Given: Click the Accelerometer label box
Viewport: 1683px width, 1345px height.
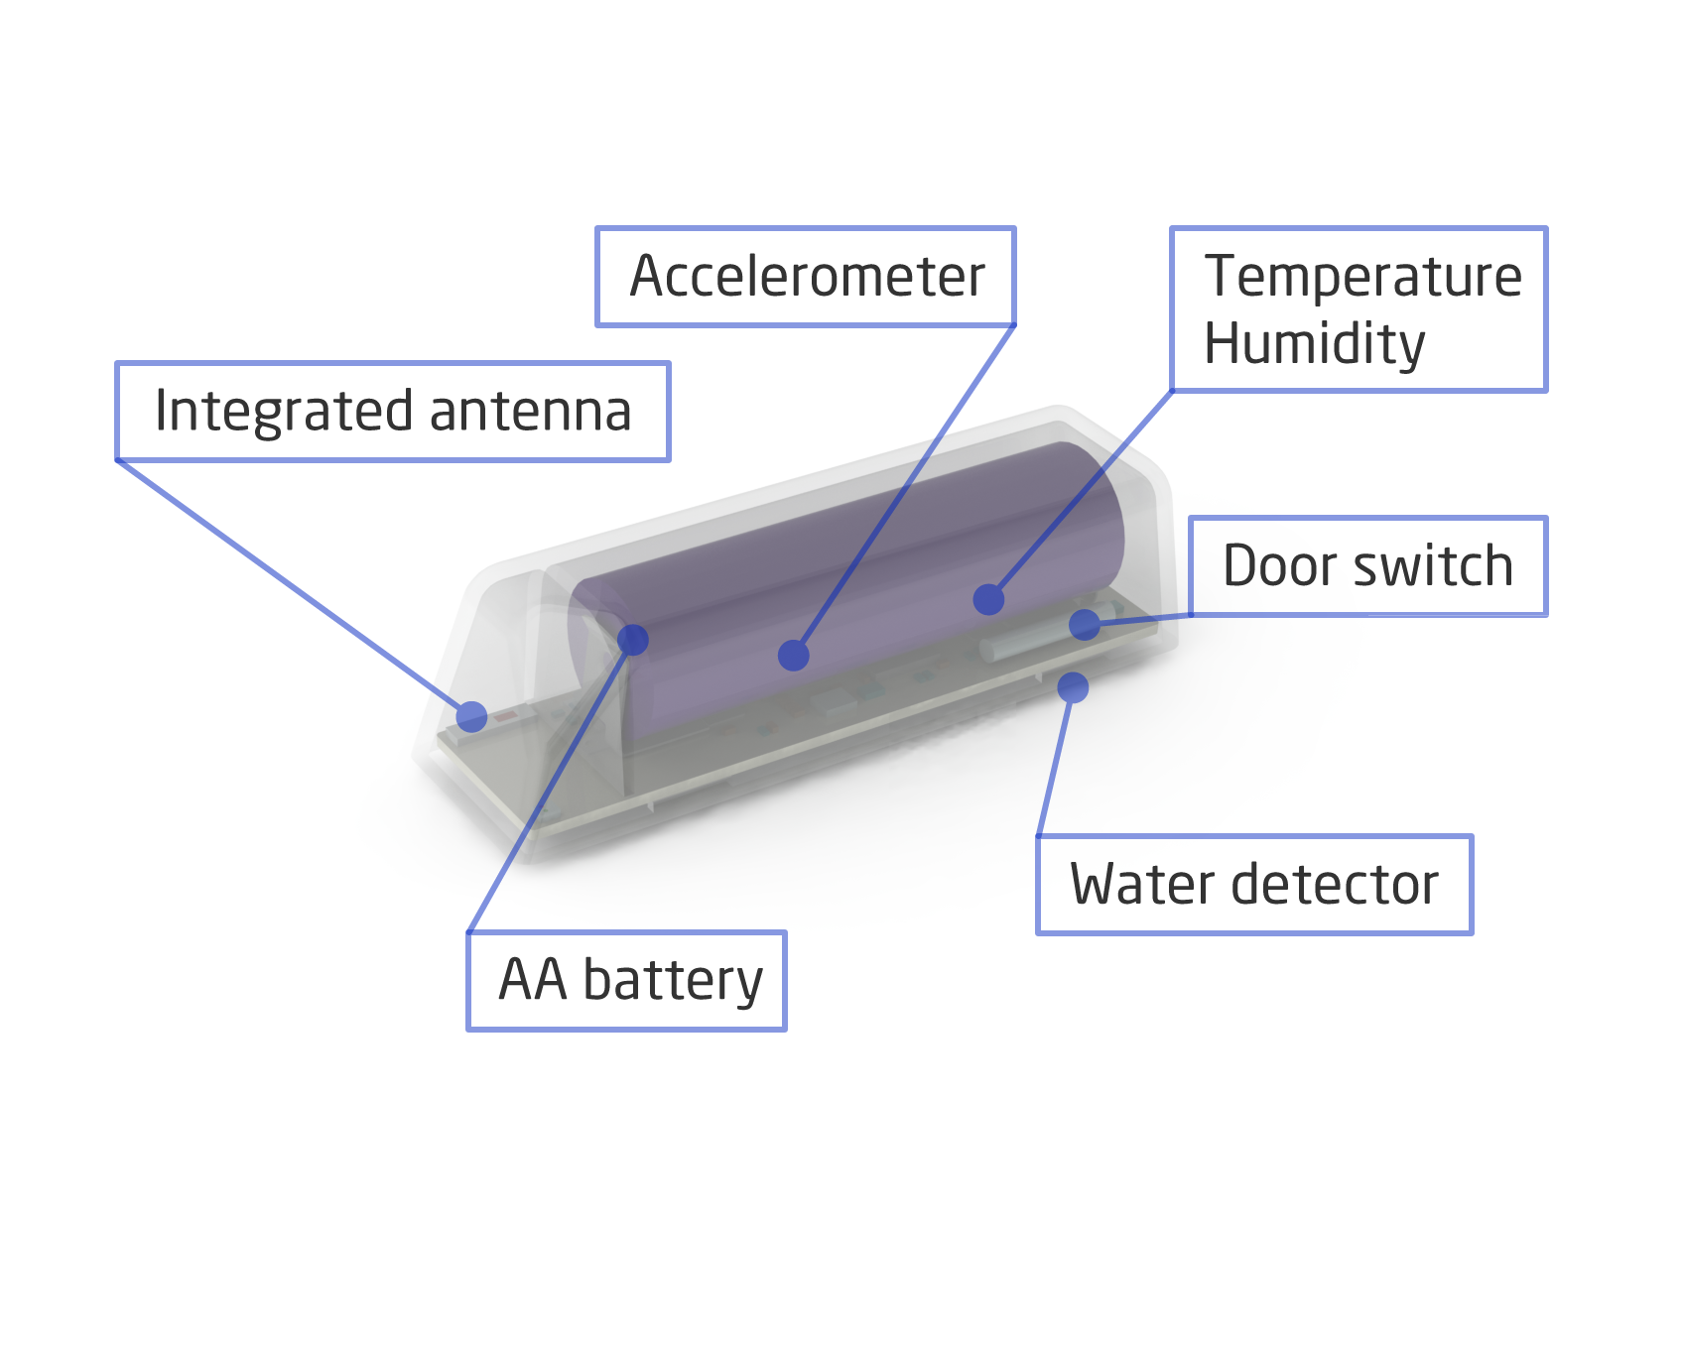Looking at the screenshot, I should click(805, 277).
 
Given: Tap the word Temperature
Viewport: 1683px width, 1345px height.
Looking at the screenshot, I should click(1362, 277).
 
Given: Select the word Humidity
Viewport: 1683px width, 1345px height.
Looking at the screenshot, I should click(1314, 344).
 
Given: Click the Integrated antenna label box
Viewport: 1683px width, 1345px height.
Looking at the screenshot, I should click(393, 412).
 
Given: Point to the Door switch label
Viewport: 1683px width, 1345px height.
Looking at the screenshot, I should click(1367, 566).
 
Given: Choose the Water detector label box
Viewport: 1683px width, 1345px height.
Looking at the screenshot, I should click(1254, 885).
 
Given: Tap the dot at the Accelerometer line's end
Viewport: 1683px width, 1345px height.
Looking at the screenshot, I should click(794, 655).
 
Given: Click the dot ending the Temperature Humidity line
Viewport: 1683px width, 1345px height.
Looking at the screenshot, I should click(988, 599).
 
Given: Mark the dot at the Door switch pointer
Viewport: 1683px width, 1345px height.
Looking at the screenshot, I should click(1085, 624).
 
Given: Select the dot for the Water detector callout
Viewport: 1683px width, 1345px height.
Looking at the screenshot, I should click(1073, 686).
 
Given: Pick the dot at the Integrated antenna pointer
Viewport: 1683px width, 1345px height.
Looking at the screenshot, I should click(471, 716).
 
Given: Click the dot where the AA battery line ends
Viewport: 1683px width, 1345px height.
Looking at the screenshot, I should click(633, 640).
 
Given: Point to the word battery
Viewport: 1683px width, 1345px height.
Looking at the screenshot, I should click(673, 981).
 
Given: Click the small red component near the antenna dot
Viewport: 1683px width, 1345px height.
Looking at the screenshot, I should click(505, 716).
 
